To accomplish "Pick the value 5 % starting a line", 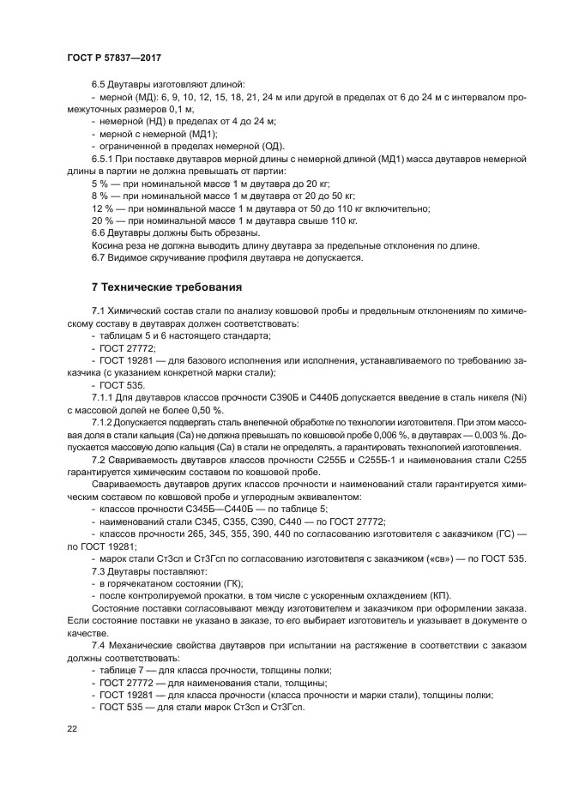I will pyautogui.click(x=101, y=184).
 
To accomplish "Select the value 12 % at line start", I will pyautogui.click(x=104, y=208).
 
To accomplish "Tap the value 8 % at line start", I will pyautogui.click(x=101, y=196).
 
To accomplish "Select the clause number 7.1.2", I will pyautogui.click(x=105, y=422).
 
